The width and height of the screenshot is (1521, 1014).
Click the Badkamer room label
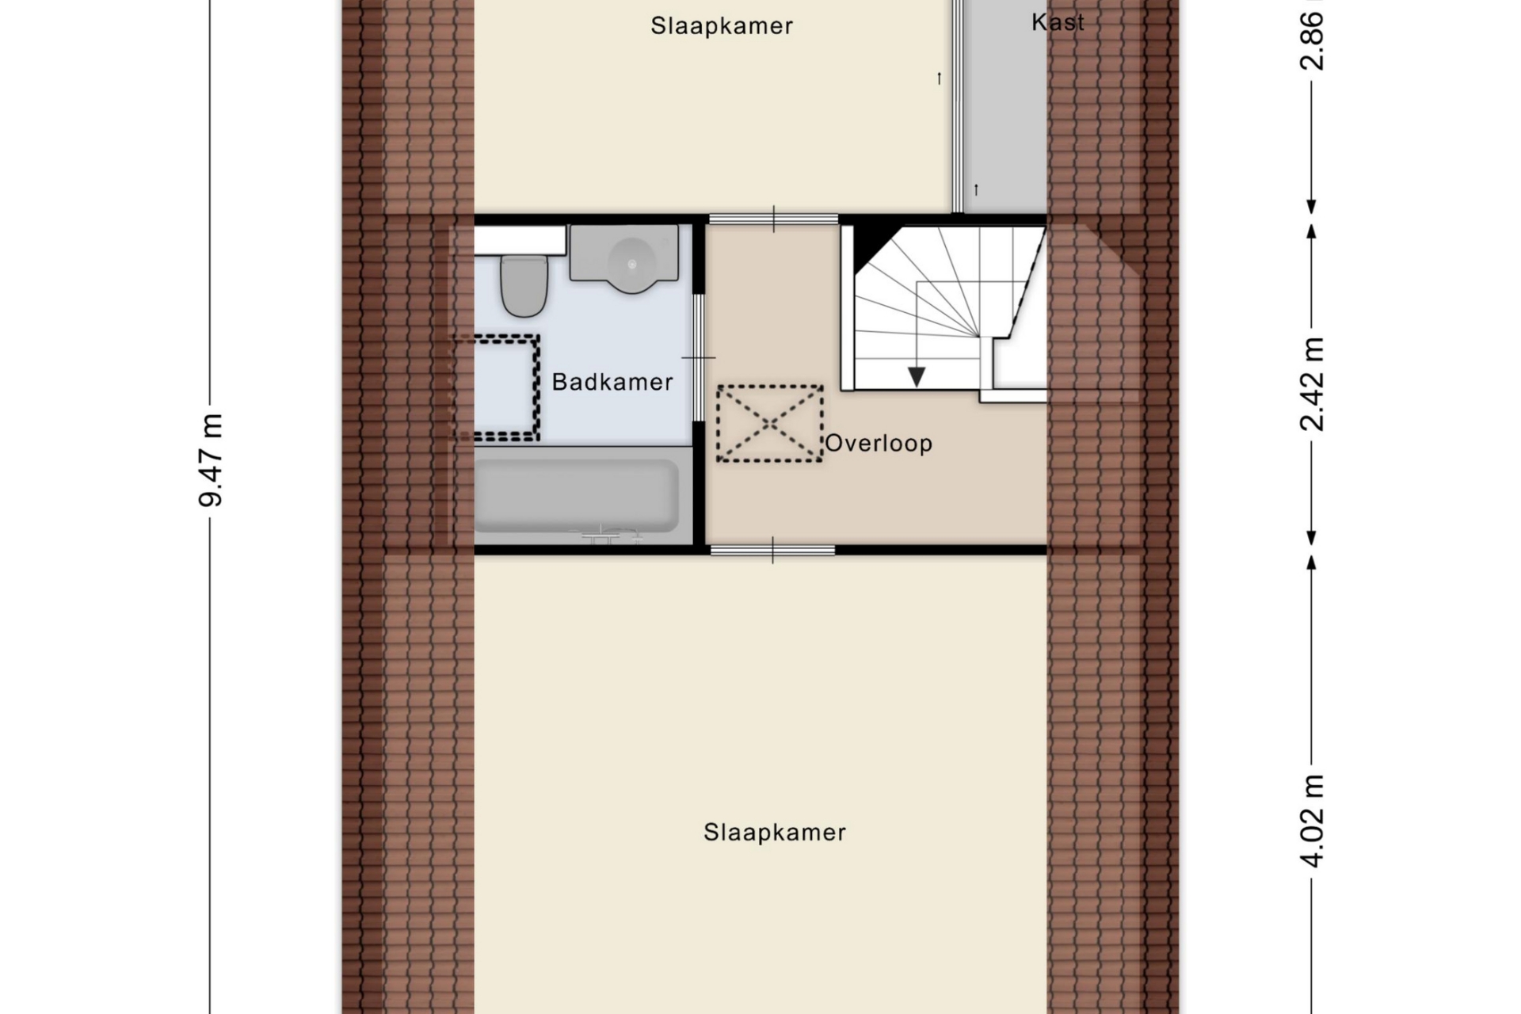pos(612,382)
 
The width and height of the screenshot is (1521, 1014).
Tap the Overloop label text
pos(879,443)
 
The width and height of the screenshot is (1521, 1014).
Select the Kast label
pos(1058,22)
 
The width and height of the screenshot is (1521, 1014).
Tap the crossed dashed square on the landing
pos(770,424)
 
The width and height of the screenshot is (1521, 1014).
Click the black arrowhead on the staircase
pos(917,376)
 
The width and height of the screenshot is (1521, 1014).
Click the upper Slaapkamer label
pos(722,26)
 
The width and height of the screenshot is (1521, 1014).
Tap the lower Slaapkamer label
pos(775,833)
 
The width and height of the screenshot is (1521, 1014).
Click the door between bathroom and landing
pos(699,357)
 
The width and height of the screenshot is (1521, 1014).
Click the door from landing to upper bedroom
pos(773,219)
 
